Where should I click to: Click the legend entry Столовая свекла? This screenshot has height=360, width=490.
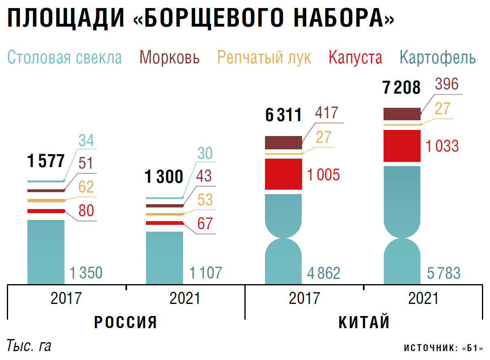(x=65, y=57)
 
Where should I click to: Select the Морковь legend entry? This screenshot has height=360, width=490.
(x=169, y=57)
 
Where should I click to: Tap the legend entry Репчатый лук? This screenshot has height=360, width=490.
(x=264, y=57)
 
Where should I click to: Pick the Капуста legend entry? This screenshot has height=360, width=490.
(x=355, y=57)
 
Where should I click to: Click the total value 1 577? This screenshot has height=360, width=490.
(x=46, y=161)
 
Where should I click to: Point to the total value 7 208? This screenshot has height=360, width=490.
(x=402, y=88)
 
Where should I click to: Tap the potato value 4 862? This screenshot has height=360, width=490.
(x=323, y=273)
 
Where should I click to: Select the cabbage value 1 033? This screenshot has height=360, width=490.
(x=442, y=146)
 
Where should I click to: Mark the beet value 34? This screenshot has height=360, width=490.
(x=86, y=141)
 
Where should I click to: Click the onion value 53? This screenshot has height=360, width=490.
(x=205, y=200)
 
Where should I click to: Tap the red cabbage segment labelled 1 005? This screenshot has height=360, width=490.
(x=284, y=174)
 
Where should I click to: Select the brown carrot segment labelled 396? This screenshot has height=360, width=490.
(x=402, y=114)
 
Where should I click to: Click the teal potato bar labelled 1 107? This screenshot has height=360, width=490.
(x=164, y=257)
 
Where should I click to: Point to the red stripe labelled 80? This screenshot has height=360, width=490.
(x=46, y=211)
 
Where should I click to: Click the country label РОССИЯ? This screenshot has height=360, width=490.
(x=125, y=322)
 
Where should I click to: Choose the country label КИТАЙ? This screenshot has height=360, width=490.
(x=364, y=322)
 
